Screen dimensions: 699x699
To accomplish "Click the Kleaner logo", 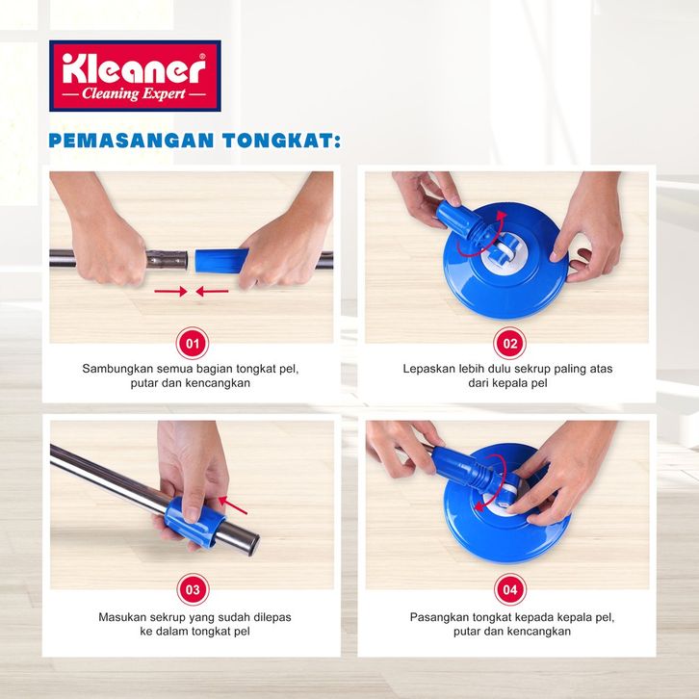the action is click(135, 76).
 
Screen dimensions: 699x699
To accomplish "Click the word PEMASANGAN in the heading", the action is click(132, 141).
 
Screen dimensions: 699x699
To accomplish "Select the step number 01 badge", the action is click(193, 344).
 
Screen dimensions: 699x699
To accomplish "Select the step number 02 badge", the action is click(509, 344).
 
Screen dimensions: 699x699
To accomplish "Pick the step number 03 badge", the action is click(193, 589).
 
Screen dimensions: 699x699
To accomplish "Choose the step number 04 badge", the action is click(510, 589).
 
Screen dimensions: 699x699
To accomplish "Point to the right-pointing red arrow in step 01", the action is click(170, 292).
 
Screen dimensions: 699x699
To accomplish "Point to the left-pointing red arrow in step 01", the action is click(212, 292).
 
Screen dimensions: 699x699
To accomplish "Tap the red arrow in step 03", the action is click(233, 505).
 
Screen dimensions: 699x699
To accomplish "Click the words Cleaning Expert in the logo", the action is click(134, 94).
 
